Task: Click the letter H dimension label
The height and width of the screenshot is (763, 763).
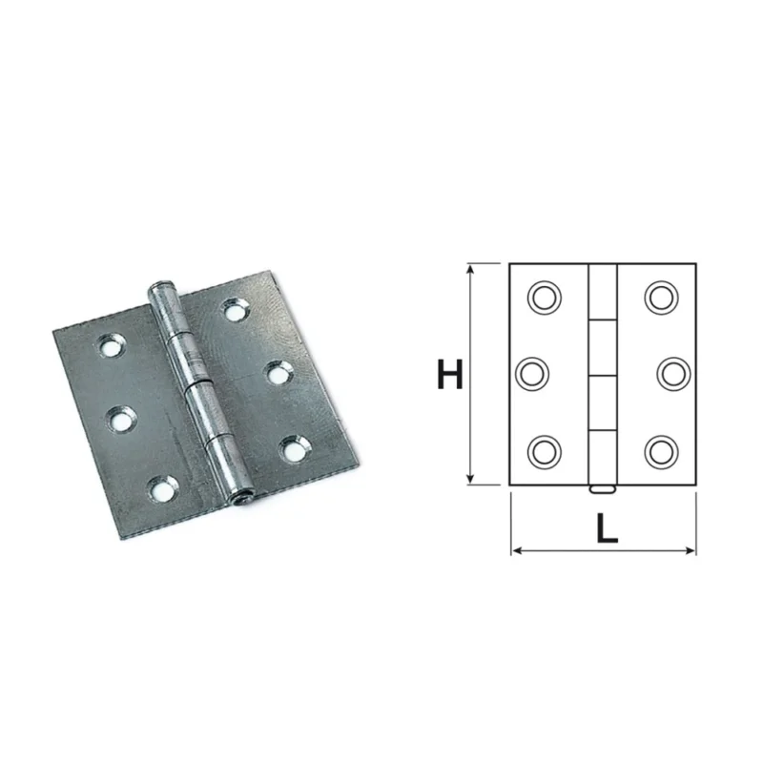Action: point(450,374)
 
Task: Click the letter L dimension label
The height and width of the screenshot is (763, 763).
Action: point(608,528)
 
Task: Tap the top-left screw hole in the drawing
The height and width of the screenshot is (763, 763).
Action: point(545,298)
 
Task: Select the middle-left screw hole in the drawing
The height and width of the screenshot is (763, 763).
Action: point(532,374)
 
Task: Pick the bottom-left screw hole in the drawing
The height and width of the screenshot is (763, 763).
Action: point(545,452)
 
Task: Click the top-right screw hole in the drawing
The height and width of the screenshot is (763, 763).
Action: point(661,298)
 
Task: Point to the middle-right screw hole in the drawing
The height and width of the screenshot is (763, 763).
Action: point(673,374)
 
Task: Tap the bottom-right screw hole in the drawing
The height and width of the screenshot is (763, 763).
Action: point(661,452)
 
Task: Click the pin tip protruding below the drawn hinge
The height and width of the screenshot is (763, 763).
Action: point(603,489)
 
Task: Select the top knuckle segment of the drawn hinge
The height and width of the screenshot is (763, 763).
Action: point(603,292)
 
